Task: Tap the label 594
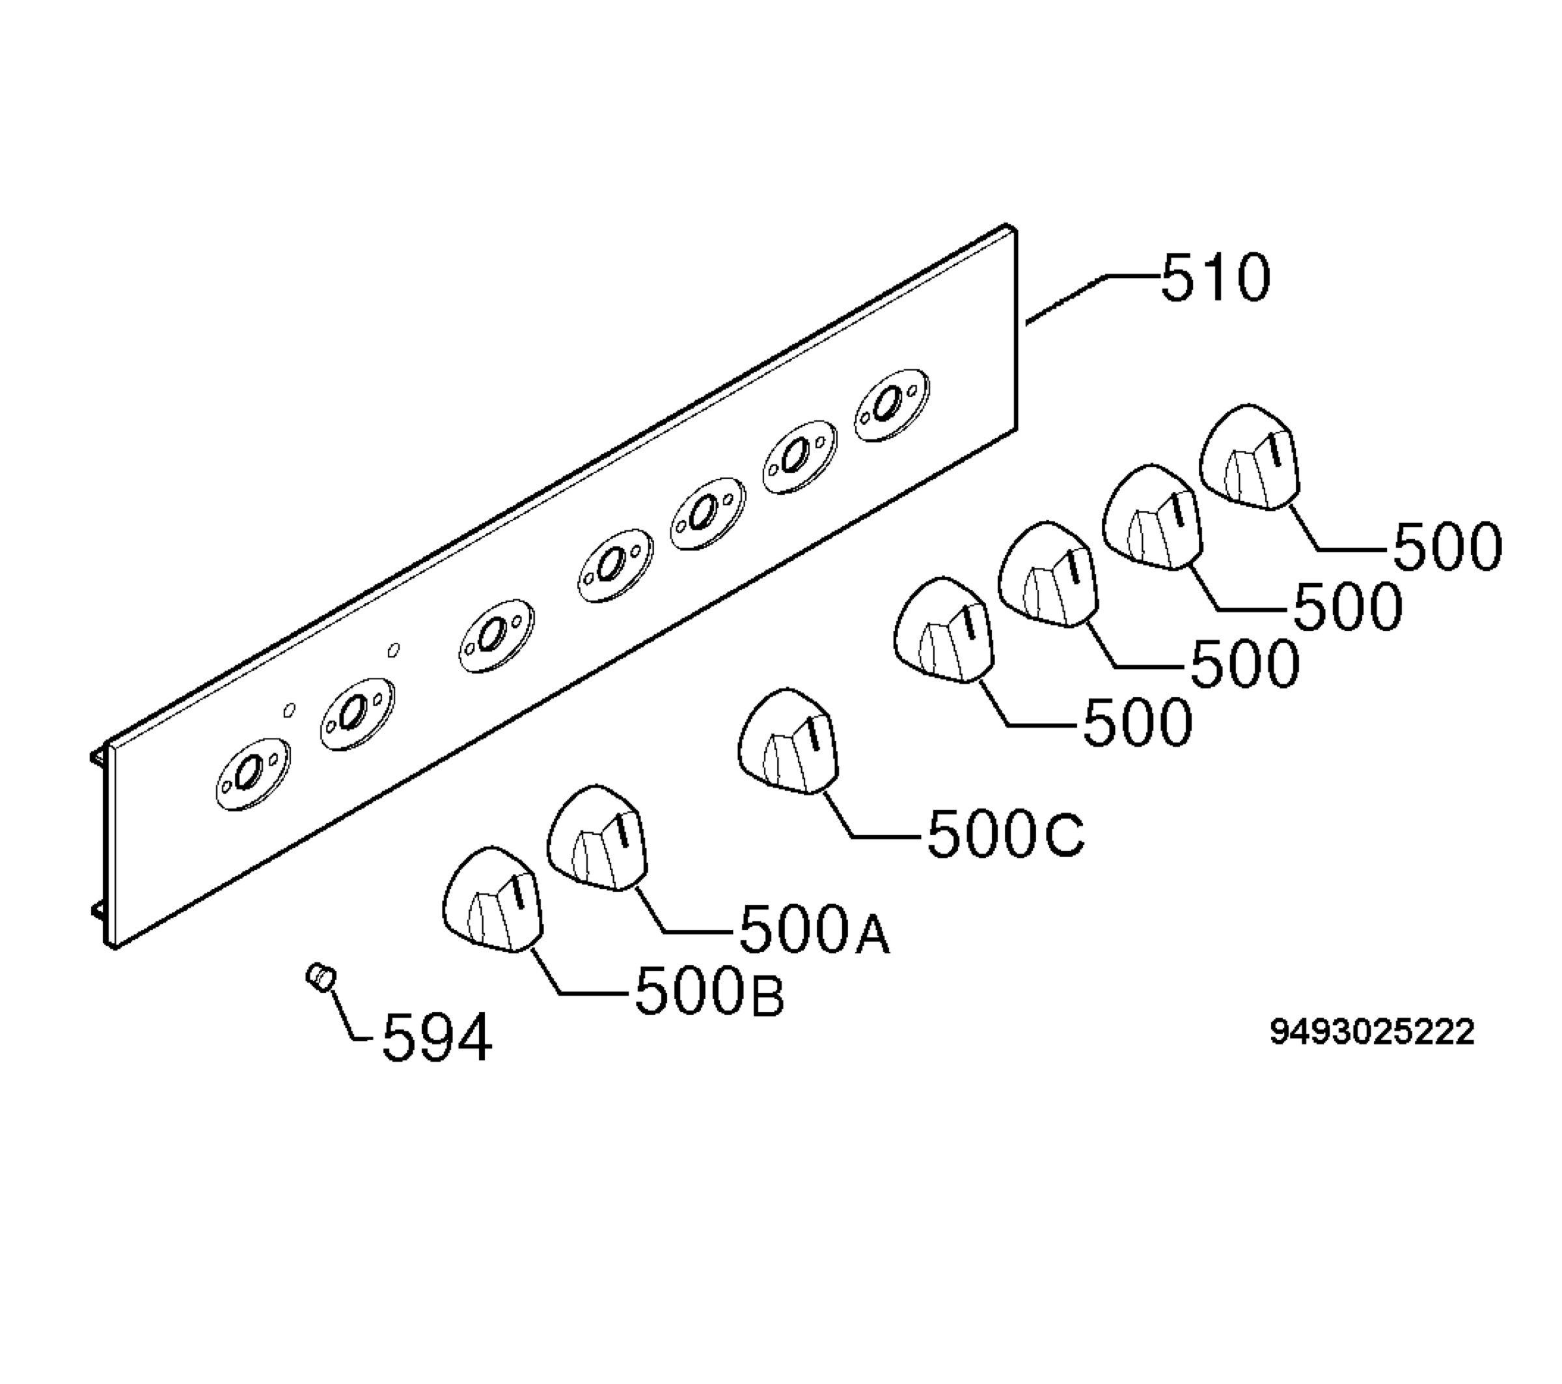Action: tap(436, 1038)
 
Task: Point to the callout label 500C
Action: tap(1005, 835)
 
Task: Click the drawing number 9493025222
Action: tap(1373, 1033)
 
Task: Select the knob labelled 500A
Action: tap(597, 837)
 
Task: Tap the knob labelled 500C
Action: tap(788, 742)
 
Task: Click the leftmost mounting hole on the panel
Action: tap(251, 775)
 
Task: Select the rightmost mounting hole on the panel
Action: tap(890, 406)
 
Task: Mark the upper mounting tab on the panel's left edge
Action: tap(98, 756)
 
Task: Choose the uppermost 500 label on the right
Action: tap(1447, 547)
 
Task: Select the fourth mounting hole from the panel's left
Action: tap(614, 566)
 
